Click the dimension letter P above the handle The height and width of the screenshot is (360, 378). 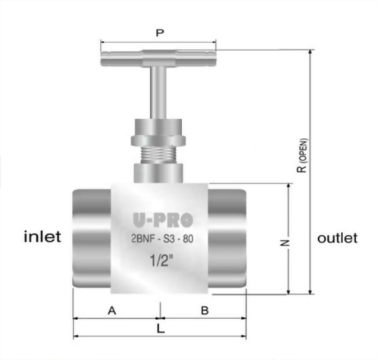click(x=158, y=33)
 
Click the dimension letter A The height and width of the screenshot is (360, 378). click(x=112, y=310)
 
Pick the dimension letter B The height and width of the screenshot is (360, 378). click(x=205, y=310)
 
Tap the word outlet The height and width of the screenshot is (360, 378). click(x=337, y=237)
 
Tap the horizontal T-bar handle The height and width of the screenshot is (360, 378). click(x=158, y=55)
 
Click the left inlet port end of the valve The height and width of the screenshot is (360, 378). click(x=91, y=239)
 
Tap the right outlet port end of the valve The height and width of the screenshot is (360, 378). click(x=228, y=239)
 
